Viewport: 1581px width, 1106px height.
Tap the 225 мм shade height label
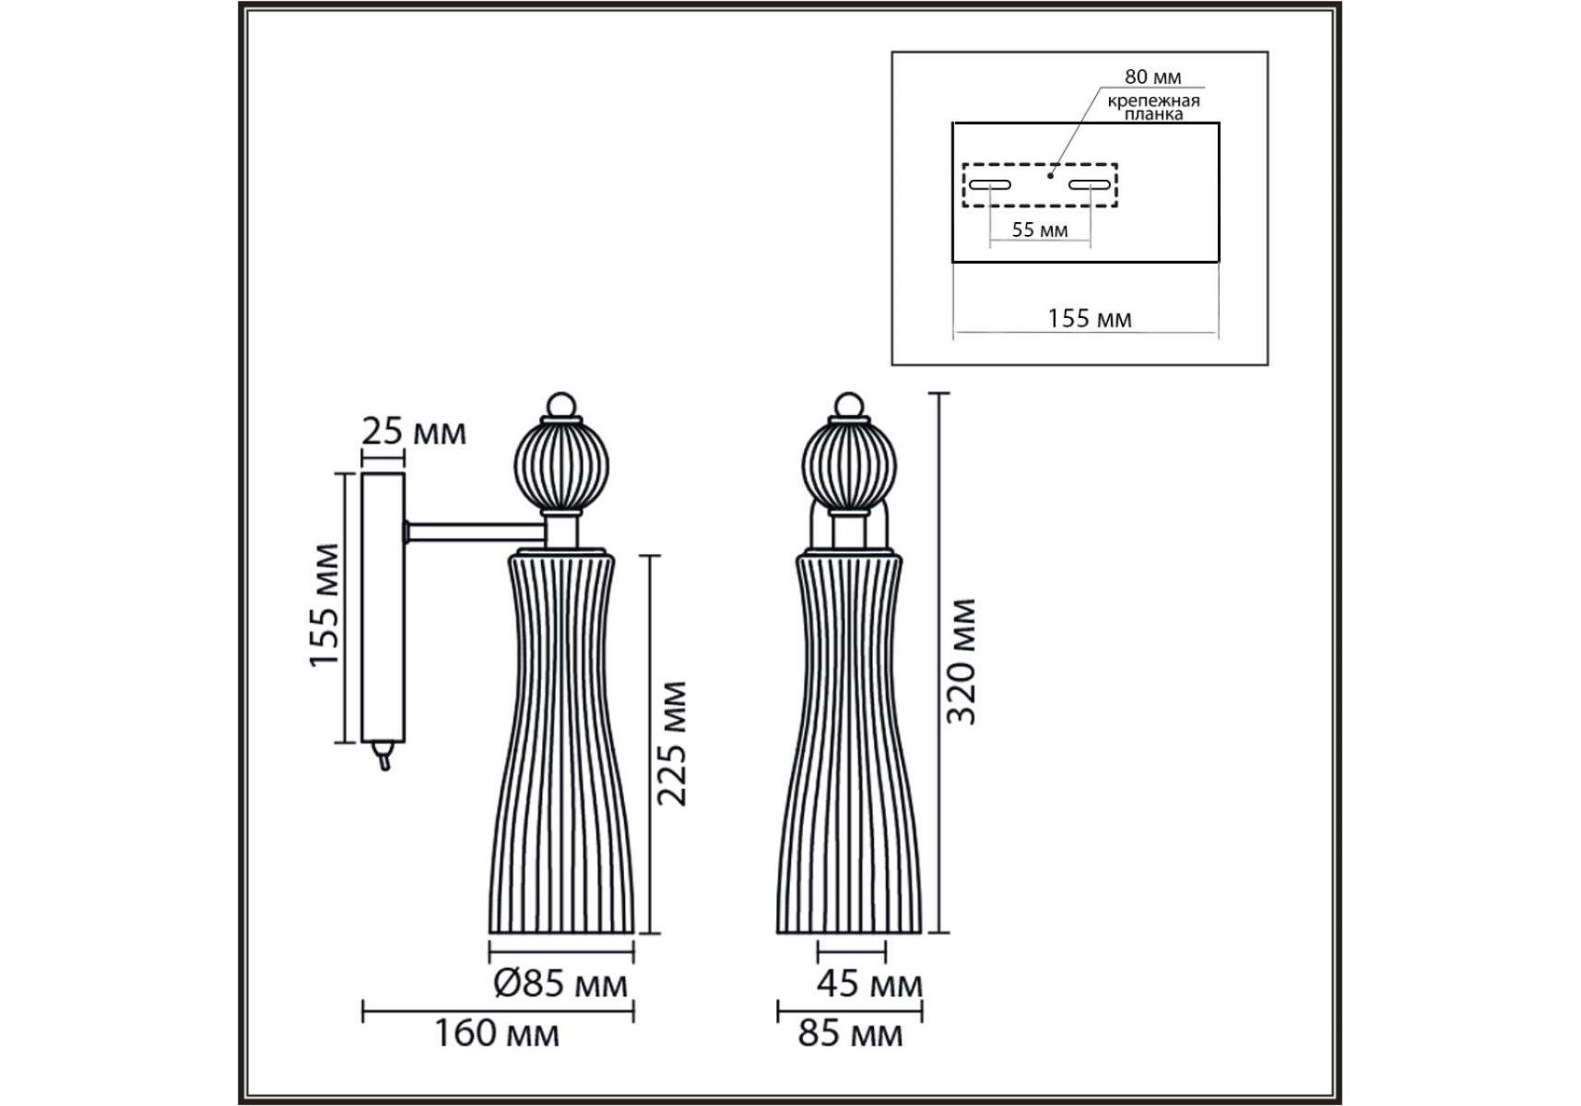click(673, 743)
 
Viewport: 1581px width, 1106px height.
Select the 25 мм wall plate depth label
click(414, 431)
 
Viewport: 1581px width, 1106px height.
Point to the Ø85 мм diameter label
click(560, 983)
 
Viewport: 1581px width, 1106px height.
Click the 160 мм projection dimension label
click(496, 1033)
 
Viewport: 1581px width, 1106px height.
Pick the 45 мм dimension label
click(869, 984)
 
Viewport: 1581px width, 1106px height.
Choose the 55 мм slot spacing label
click(1040, 229)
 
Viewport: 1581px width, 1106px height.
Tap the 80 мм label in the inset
click(1152, 77)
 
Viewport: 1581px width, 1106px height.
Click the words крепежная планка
click(1154, 108)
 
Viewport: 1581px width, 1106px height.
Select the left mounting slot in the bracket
click(989, 184)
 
